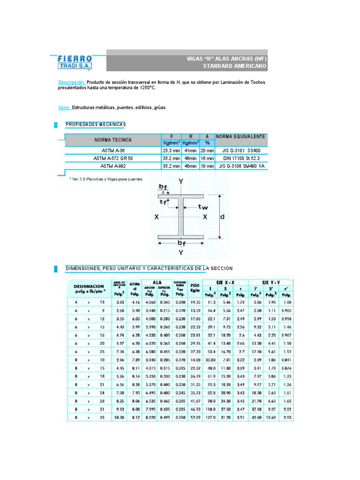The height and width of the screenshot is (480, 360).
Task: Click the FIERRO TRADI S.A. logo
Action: [x=75, y=62]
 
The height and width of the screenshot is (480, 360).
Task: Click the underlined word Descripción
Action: [x=72, y=82]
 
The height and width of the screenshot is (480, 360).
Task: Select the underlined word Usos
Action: [x=65, y=107]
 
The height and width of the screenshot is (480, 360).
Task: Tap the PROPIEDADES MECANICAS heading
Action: [x=96, y=124]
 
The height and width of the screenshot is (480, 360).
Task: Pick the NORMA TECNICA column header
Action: [x=113, y=140]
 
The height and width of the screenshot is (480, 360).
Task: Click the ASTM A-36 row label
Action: [x=113, y=151]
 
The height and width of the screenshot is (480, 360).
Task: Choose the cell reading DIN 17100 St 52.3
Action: [x=240, y=158]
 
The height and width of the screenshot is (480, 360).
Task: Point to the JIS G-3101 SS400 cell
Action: [x=240, y=151]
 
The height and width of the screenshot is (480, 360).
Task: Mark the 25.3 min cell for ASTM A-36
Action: [x=171, y=151]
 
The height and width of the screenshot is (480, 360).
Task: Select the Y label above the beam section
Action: [x=181, y=181]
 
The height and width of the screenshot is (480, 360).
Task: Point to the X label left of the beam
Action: [x=157, y=217]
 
